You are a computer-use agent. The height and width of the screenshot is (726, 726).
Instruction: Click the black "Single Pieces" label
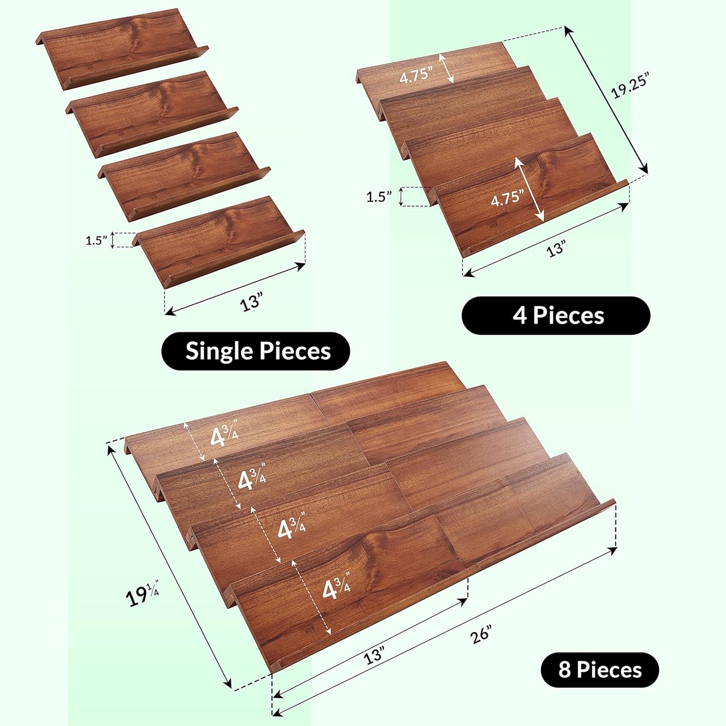(256, 351)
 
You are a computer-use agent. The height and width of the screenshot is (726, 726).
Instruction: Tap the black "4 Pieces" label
(556, 316)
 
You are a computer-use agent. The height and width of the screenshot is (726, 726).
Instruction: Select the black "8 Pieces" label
(599, 670)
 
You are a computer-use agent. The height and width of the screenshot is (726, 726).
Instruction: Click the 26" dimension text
(481, 634)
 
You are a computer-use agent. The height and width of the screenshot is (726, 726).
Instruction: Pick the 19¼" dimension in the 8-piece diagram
(142, 595)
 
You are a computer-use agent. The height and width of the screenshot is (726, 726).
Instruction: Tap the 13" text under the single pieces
(251, 303)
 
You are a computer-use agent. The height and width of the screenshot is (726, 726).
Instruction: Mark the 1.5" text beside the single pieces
(96, 241)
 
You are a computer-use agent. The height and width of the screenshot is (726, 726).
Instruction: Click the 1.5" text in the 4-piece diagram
(379, 197)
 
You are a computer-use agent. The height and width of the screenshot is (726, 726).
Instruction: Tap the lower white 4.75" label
(507, 199)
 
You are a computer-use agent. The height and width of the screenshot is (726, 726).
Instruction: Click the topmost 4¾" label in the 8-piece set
(224, 436)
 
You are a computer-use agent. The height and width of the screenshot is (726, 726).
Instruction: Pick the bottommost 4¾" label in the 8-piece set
(336, 588)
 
